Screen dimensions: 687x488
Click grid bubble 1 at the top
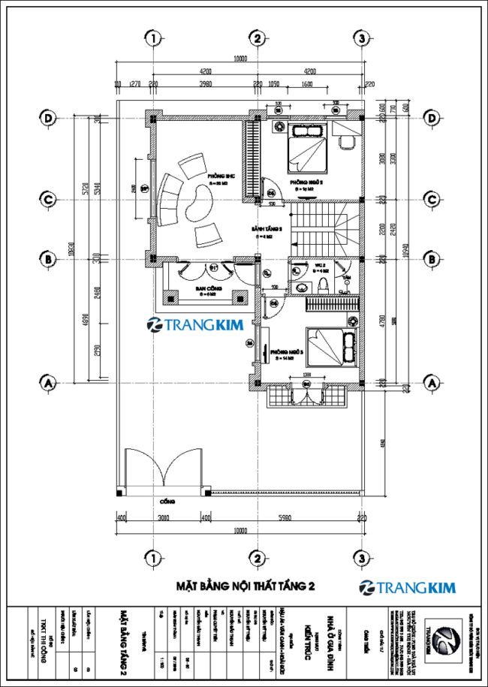point(153,38)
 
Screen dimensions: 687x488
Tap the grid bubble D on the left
point(49,118)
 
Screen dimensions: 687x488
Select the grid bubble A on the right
point(431,382)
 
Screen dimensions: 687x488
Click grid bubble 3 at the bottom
point(362,558)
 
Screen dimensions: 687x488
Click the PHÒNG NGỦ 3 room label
point(286,351)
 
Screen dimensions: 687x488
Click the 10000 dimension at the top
point(240,58)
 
